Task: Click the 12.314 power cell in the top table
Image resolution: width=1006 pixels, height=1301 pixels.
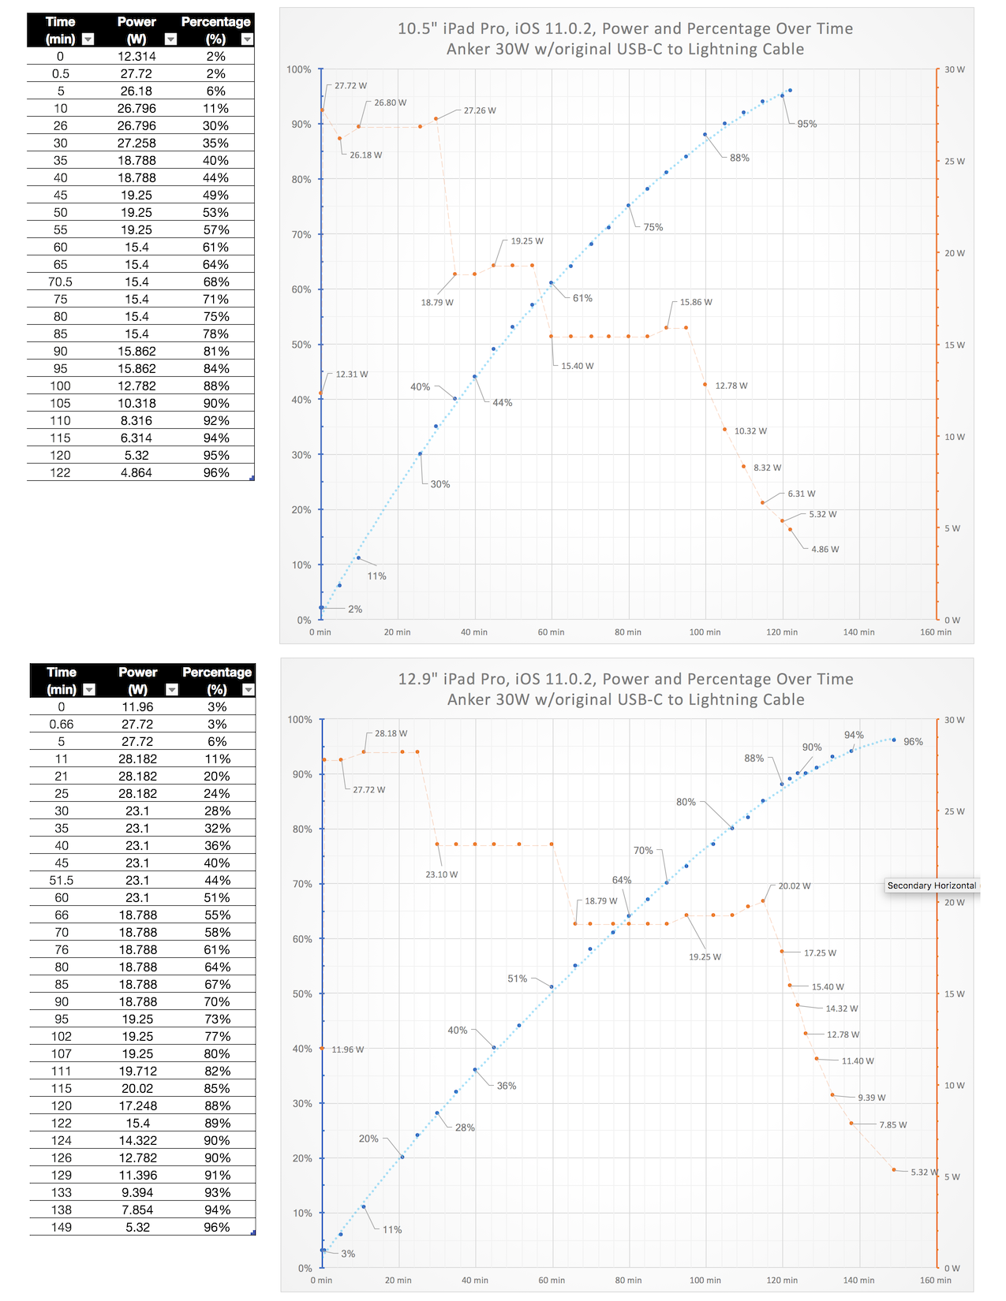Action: [137, 57]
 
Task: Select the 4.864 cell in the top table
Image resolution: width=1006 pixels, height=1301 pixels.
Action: [137, 473]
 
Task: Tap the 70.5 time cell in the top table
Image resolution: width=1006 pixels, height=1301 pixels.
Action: [60, 282]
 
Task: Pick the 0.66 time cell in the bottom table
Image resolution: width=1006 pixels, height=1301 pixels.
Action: [62, 725]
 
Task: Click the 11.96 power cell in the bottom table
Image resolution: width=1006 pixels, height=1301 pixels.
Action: [137, 707]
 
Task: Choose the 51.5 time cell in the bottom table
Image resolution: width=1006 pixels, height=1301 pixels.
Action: [62, 881]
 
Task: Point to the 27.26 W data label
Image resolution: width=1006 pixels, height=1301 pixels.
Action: [480, 110]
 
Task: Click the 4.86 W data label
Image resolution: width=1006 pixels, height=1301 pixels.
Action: [825, 550]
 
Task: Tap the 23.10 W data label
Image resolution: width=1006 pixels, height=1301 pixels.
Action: [442, 874]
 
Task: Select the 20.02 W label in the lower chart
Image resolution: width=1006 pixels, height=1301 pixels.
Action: [795, 886]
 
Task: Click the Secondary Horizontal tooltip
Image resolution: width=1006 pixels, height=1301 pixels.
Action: [932, 886]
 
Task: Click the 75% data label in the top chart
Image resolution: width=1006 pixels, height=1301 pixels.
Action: [653, 227]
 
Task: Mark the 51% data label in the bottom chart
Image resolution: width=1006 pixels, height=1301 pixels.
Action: [518, 979]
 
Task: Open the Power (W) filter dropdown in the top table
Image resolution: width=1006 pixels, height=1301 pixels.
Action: [170, 39]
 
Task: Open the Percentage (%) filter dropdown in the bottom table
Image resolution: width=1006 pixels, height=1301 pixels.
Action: [249, 690]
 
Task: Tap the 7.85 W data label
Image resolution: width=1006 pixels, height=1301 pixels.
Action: [893, 1125]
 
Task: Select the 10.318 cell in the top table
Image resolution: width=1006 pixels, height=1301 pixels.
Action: [137, 404]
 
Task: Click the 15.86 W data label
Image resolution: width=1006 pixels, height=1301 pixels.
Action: [696, 303]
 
